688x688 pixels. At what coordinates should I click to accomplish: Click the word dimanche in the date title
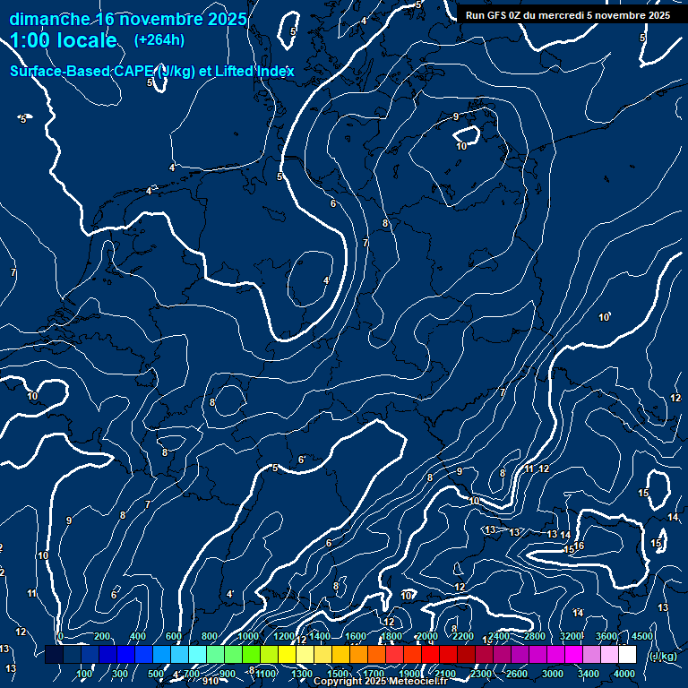click(49, 19)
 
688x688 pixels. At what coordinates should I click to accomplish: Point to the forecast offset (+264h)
click(159, 39)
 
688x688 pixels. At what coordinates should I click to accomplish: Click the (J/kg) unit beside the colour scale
click(662, 657)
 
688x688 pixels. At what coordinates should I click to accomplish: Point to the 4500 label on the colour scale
click(642, 636)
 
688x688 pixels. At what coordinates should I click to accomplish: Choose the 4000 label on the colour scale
click(624, 674)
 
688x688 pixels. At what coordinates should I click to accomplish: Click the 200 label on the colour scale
click(102, 636)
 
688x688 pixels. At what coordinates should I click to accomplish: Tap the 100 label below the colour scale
click(84, 674)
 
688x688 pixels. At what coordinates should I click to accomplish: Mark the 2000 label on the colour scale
click(426, 636)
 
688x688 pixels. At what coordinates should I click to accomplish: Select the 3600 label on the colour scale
click(606, 636)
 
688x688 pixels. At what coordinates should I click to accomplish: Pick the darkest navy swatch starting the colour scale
click(54, 655)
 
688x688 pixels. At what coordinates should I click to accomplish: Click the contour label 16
click(580, 546)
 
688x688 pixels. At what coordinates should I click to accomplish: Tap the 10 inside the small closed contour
click(461, 146)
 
